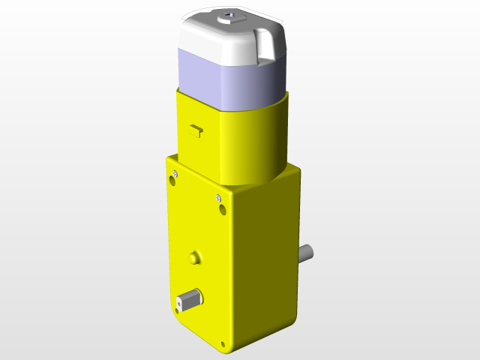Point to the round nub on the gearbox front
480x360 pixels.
coord(195,257)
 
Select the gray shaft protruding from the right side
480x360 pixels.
coord(306,253)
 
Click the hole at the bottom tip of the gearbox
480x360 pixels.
coord(223,346)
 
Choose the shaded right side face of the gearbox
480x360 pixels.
coord(270,262)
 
